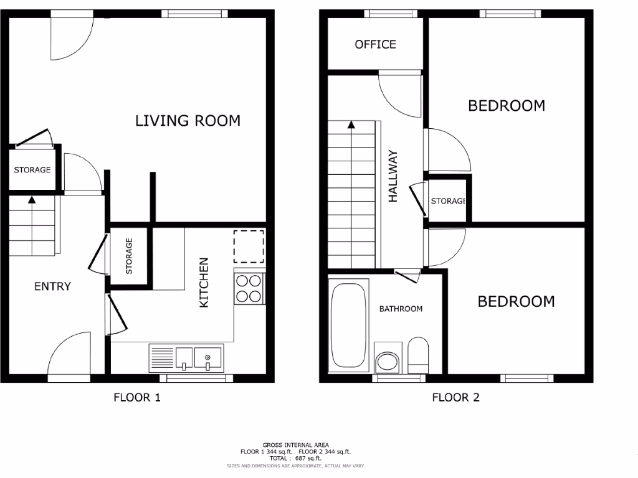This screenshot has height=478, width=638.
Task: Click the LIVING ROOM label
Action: point(188,121)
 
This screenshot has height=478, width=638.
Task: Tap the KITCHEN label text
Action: point(204,283)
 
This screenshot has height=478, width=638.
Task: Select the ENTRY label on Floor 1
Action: point(52,286)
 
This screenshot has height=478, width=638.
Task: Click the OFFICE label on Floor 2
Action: point(375,44)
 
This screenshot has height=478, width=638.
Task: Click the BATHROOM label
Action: point(401,309)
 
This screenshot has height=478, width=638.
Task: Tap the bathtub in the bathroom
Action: point(348,326)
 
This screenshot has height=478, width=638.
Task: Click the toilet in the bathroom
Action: point(417,355)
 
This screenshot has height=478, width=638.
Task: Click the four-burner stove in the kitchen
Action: point(249,288)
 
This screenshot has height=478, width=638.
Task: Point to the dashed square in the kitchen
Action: point(249,245)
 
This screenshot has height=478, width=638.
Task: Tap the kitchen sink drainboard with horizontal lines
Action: point(162,358)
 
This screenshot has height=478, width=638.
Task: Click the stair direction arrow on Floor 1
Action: point(31,200)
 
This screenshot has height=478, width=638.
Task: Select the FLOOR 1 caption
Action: point(137,397)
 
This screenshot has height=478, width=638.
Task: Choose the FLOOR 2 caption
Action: point(456,397)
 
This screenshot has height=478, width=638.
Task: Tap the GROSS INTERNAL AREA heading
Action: point(295,445)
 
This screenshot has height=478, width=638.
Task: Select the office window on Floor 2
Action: point(391,14)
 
